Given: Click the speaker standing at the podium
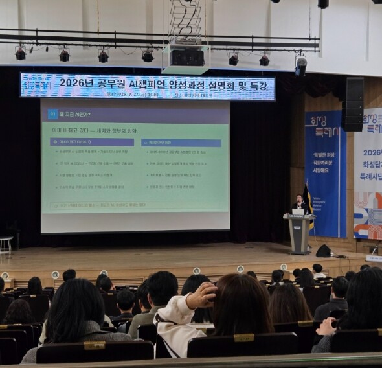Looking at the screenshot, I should pos(299,203).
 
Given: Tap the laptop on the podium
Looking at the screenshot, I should pos(298,212).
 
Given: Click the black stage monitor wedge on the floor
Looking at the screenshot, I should pos(324,251).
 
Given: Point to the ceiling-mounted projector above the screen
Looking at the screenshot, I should pos(186,58).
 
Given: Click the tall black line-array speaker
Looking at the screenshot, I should pos(354,104).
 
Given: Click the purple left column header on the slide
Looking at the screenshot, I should pos(92,142).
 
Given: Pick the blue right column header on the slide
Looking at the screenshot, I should pos(181,143).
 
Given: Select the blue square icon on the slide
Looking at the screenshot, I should pos(52,114).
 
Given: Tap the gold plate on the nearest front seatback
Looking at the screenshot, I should pos(243,338).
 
